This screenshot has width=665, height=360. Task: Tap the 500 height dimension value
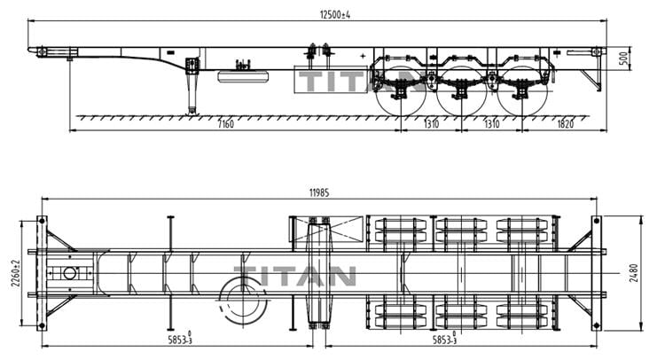(x=624, y=59)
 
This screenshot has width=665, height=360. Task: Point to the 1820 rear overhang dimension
(x=564, y=123)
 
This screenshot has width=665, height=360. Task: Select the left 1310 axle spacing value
(x=432, y=123)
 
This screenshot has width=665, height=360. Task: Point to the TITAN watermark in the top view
(x=295, y=274)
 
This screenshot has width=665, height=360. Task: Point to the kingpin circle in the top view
(x=69, y=273)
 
